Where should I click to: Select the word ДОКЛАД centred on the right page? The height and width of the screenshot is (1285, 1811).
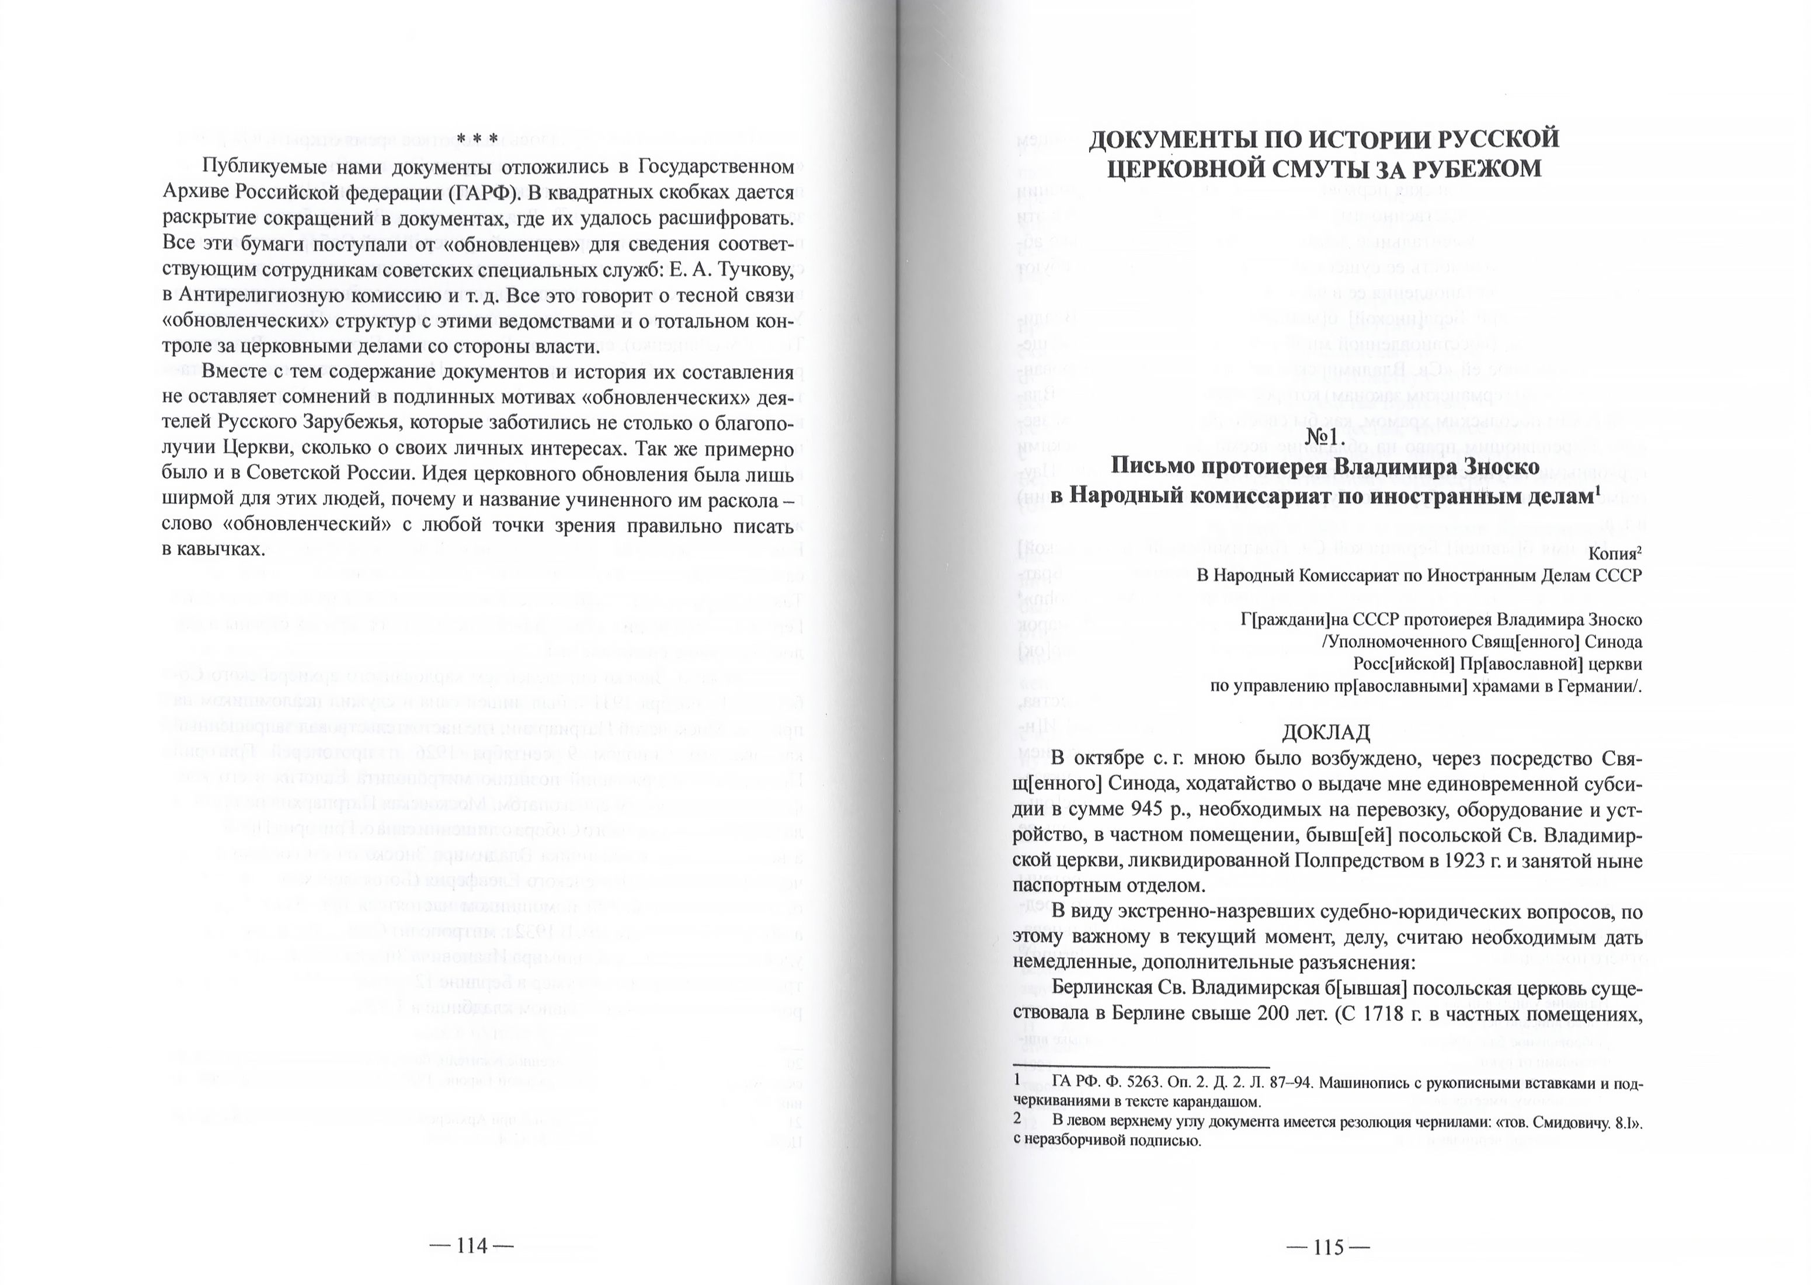click(x=1326, y=732)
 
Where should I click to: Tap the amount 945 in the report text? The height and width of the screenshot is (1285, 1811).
click(x=1219, y=810)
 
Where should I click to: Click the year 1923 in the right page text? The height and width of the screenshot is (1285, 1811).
click(x=1464, y=861)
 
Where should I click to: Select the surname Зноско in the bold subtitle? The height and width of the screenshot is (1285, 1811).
click(x=1501, y=467)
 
